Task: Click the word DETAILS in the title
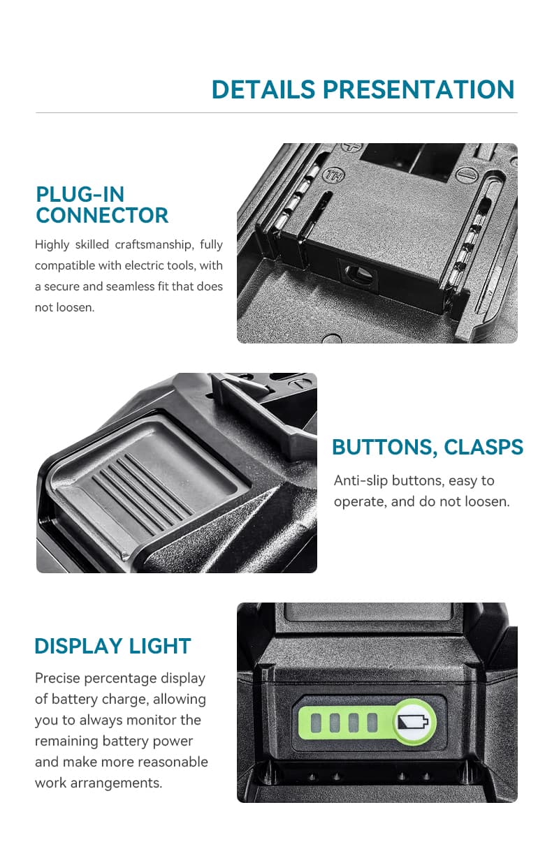263,90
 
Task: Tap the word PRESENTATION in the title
418,90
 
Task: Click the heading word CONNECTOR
102,216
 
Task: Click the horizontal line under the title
276,112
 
